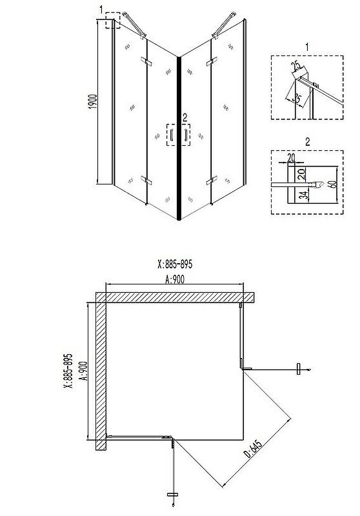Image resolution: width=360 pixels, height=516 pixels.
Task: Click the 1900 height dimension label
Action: pyautogui.click(x=93, y=101)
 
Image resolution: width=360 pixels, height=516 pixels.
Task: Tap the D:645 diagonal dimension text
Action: pyautogui.click(x=253, y=449)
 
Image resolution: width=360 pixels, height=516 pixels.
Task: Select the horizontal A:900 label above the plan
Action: pyautogui.click(x=174, y=279)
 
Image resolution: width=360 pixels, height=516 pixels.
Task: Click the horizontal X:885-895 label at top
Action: pyautogui.click(x=175, y=264)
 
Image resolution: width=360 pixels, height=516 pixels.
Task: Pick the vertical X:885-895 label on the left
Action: pyautogui.click(x=68, y=372)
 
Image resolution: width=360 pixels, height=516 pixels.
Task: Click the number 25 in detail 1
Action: pyautogui.click(x=296, y=66)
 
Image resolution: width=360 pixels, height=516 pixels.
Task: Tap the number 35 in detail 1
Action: pyautogui.click(x=297, y=98)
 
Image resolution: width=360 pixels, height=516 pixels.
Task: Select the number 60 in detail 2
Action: pyautogui.click(x=333, y=183)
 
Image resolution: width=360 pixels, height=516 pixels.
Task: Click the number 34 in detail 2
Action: pyautogui.click(x=305, y=195)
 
